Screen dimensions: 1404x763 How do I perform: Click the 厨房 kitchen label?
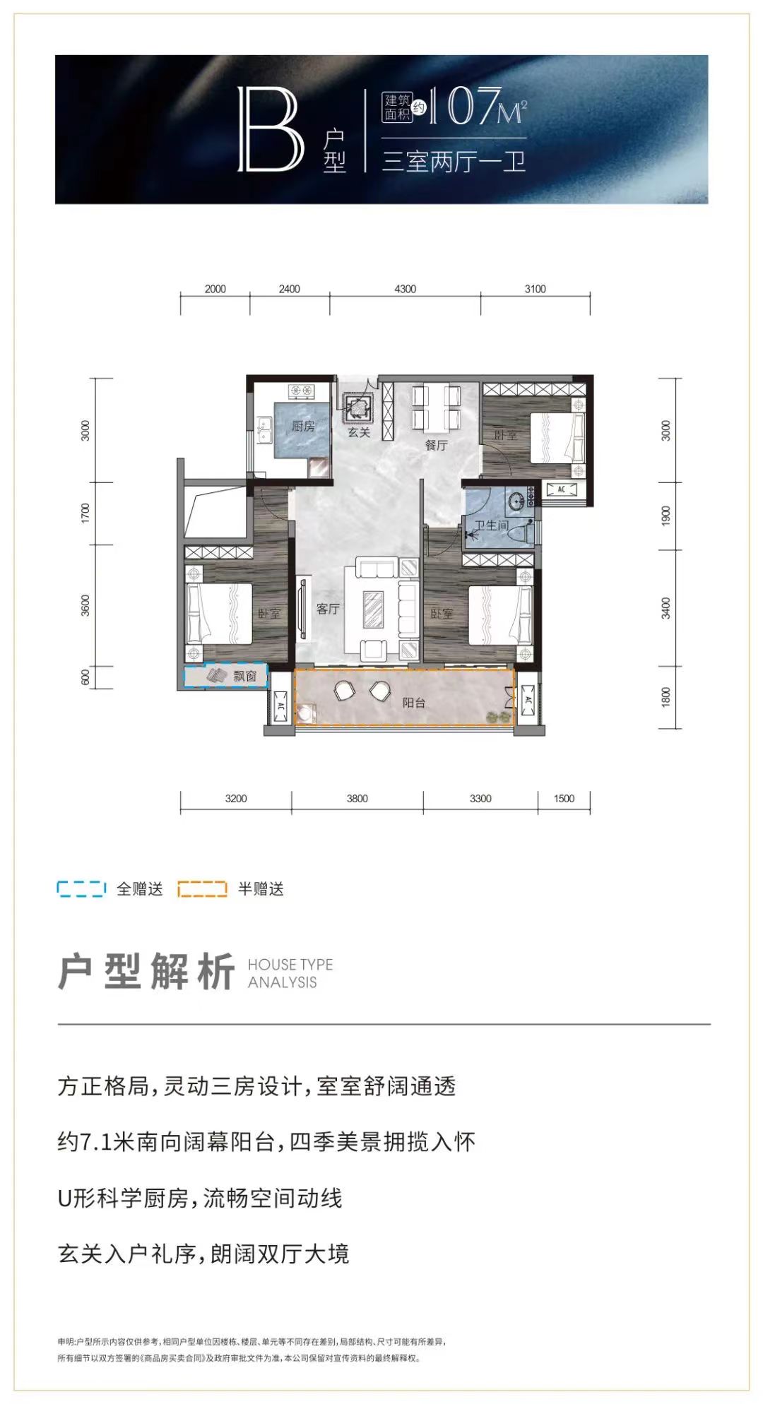[303, 426]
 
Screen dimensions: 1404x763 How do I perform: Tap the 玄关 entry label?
[359, 432]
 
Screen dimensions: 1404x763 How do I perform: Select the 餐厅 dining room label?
[436, 445]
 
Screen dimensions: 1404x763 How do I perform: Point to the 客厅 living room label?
[328, 609]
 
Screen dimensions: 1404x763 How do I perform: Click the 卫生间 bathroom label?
[491, 525]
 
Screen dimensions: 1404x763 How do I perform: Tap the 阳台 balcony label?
[414, 703]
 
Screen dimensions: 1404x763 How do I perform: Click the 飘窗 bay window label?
[245, 677]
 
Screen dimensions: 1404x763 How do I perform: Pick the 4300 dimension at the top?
[405, 289]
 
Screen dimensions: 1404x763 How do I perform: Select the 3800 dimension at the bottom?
[357, 799]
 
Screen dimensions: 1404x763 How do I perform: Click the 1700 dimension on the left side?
[85, 513]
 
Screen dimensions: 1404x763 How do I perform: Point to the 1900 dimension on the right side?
[666, 516]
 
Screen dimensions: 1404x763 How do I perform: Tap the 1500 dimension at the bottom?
[564, 799]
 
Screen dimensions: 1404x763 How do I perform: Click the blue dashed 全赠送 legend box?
[81, 888]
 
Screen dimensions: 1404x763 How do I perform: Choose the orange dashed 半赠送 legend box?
[202, 888]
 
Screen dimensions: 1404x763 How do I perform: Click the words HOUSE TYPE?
[290, 965]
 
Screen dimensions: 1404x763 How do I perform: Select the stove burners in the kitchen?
[301, 389]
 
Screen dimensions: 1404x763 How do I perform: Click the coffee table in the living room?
[372, 609]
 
